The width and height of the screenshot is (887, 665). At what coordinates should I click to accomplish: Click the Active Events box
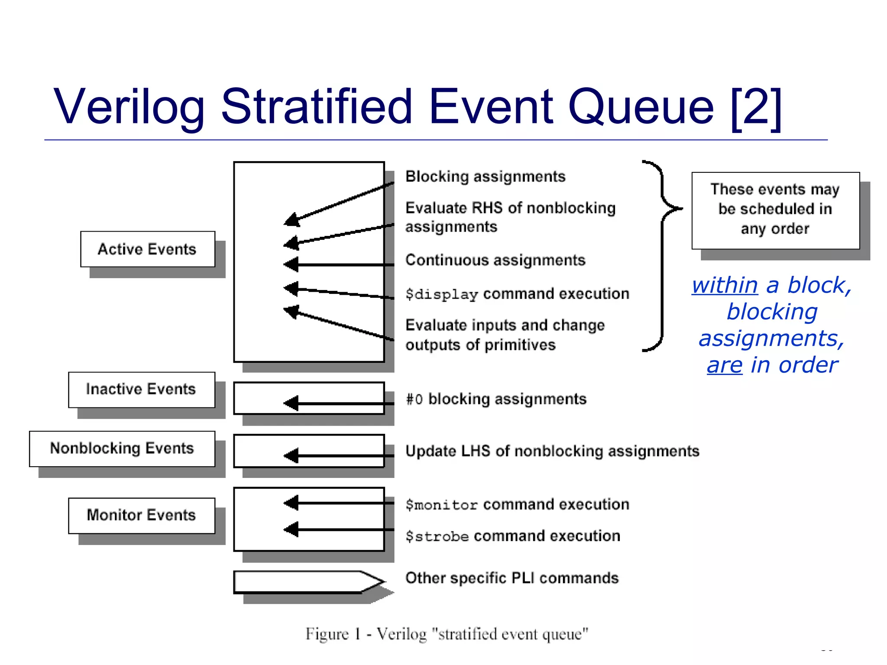tap(147, 249)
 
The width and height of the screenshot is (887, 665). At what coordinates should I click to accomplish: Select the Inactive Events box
tap(141, 389)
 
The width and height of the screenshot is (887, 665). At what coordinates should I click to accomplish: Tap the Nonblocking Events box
tap(122, 449)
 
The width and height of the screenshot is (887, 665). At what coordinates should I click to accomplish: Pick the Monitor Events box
tap(141, 515)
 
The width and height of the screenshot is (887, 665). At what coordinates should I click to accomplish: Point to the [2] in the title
tap(756, 107)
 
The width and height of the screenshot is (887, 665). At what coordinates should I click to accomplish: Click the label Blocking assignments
tap(485, 177)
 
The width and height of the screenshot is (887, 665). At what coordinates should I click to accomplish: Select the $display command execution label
tap(517, 294)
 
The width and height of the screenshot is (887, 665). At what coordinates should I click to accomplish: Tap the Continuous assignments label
tap(495, 260)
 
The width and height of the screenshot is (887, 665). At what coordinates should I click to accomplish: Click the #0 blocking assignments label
tap(496, 399)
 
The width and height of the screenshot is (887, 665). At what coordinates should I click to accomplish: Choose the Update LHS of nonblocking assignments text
tap(552, 451)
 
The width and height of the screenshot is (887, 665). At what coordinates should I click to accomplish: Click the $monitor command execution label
tap(517, 505)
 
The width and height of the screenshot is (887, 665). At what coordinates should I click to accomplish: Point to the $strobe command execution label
tap(513, 536)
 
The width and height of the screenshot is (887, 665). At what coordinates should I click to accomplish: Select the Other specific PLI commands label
tap(512, 578)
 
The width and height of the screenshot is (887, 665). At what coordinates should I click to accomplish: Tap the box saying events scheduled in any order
tap(775, 210)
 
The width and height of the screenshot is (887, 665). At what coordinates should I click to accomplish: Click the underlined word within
tap(725, 285)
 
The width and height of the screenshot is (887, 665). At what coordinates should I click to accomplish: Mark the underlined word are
tap(725, 365)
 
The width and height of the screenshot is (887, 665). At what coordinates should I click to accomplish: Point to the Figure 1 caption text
tap(447, 634)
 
